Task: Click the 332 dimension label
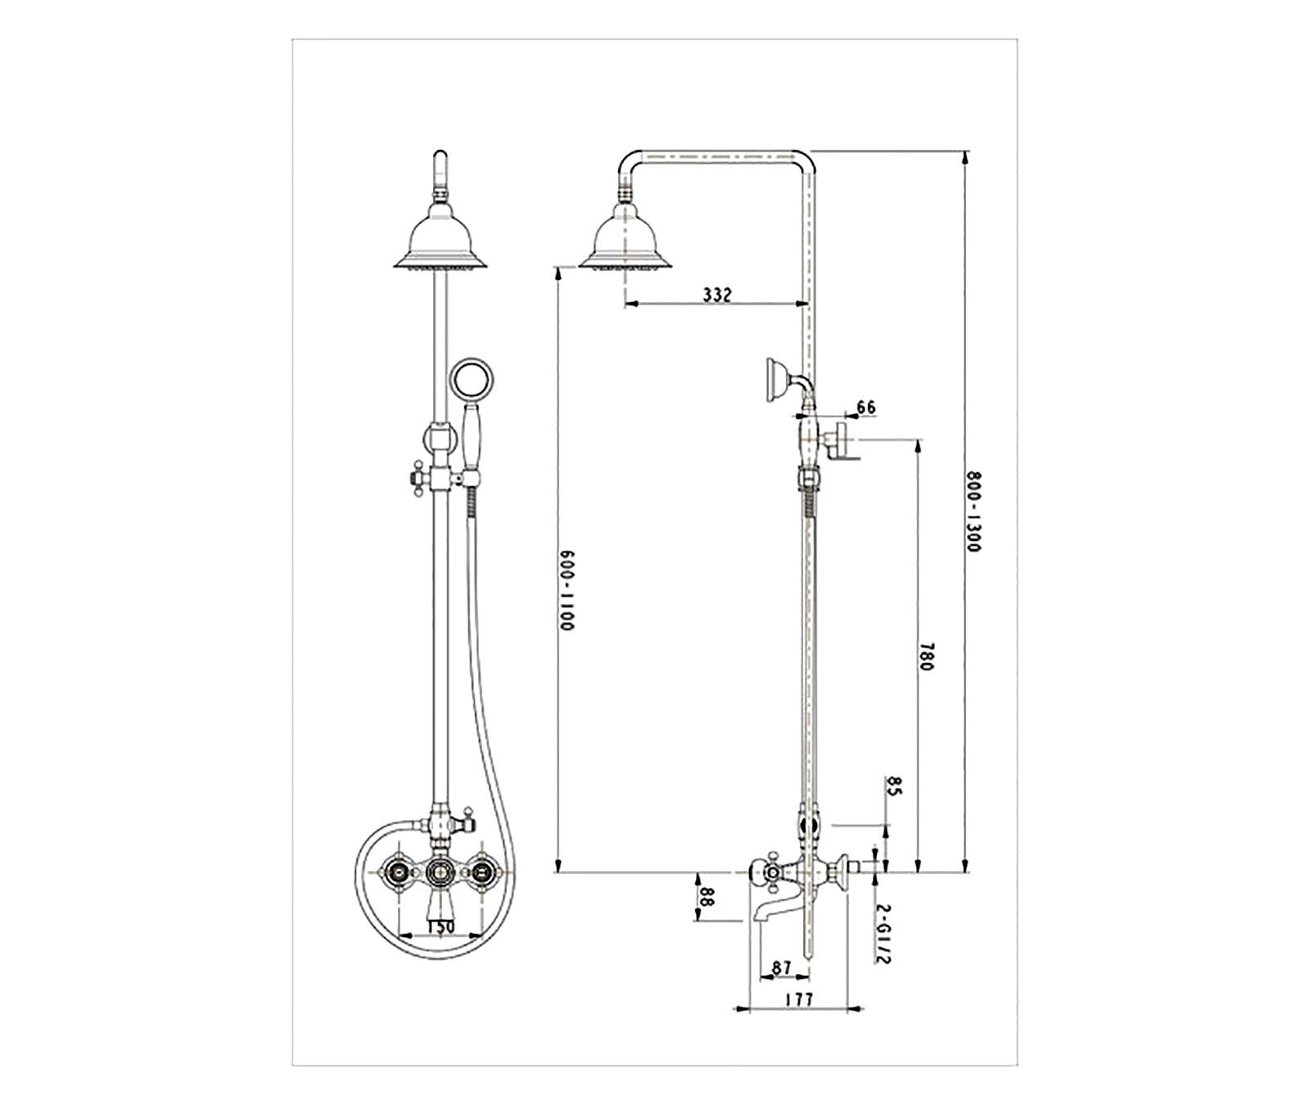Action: tap(716, 295)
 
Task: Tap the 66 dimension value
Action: tap(865, 406)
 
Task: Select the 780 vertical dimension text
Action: tap(927, 656)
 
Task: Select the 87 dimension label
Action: tap(782, 967)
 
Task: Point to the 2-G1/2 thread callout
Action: tap(882, 934)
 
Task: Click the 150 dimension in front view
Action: tap(439, 927)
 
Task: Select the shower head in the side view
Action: tap(626, 241)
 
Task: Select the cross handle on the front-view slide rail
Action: tap(413, 477)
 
